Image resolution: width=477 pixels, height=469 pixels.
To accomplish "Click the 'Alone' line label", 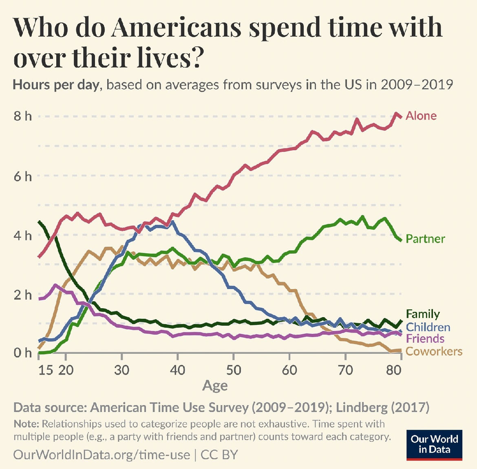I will [x=421, y=116].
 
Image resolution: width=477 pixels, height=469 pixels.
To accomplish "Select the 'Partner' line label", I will [x=425, y=239].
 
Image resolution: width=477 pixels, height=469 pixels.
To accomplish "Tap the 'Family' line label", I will [x=423, y=314].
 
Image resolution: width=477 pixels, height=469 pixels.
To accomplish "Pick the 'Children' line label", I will [x=428, y=327].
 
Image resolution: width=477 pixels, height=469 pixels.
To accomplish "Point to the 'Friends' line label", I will [x=425, y=339].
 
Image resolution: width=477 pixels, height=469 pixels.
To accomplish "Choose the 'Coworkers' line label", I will [x=434, y=351].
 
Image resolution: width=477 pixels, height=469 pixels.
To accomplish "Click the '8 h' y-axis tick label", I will [x=23, y=116].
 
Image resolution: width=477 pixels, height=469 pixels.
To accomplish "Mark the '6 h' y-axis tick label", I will [x=23, y=176].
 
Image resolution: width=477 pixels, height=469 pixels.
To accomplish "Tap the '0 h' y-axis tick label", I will [x=23, y=353].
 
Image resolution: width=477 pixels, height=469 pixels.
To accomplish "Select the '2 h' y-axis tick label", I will [x=23, y=295].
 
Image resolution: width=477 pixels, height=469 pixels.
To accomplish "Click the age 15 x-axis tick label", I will [x=46, y=370].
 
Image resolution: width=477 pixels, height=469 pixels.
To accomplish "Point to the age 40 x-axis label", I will [x=177, y=370].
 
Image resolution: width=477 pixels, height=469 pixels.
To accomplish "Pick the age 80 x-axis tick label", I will [x=394, y=370].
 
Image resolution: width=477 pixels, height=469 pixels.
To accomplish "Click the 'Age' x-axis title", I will [x=215, y=386].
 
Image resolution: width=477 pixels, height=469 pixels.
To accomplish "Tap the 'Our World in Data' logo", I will [x=434, y=445].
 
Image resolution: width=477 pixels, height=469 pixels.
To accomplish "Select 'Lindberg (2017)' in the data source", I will [x=382, y=407].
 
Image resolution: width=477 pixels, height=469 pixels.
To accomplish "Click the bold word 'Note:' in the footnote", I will [x=26, y=424].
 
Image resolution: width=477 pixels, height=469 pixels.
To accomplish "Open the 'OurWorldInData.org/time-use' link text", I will [x=102, y=455].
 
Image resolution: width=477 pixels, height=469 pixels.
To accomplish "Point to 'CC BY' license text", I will [x=219, y=455].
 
